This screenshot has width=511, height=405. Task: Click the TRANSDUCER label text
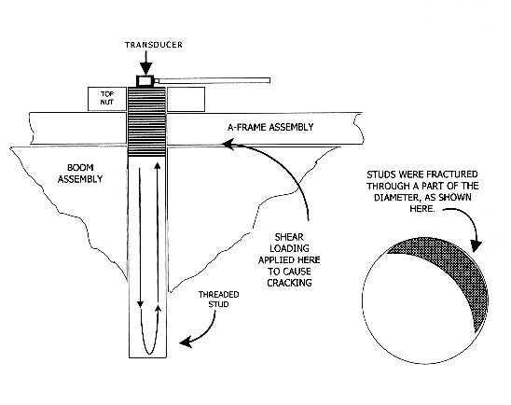coord(154,45)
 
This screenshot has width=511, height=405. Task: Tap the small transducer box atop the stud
coord(145,81)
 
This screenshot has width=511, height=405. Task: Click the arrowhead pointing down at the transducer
coord(145,68)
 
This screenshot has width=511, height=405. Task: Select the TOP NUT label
coord(107,98)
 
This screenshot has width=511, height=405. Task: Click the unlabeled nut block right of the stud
coord(186,99)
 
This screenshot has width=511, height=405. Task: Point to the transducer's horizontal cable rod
coord(212,80)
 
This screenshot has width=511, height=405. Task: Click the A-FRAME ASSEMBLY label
coord(270,127)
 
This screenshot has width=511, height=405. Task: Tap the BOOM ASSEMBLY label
coord(80,174)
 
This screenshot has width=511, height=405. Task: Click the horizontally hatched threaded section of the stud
coord(146,122)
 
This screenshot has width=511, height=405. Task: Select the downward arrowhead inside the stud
coord(140,304)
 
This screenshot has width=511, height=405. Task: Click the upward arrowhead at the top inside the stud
coord(158,165)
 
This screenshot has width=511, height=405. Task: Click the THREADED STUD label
coord(219,300)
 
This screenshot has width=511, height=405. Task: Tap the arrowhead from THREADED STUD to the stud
coord(186,342)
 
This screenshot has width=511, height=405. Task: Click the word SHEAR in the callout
coord(289,237)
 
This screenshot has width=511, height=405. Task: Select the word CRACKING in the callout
coord(289,283)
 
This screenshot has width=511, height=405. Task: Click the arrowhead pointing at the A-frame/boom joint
coord(228,144)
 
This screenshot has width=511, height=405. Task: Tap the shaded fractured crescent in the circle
coord(456,271)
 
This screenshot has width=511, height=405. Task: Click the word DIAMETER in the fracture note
coord(395,198)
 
